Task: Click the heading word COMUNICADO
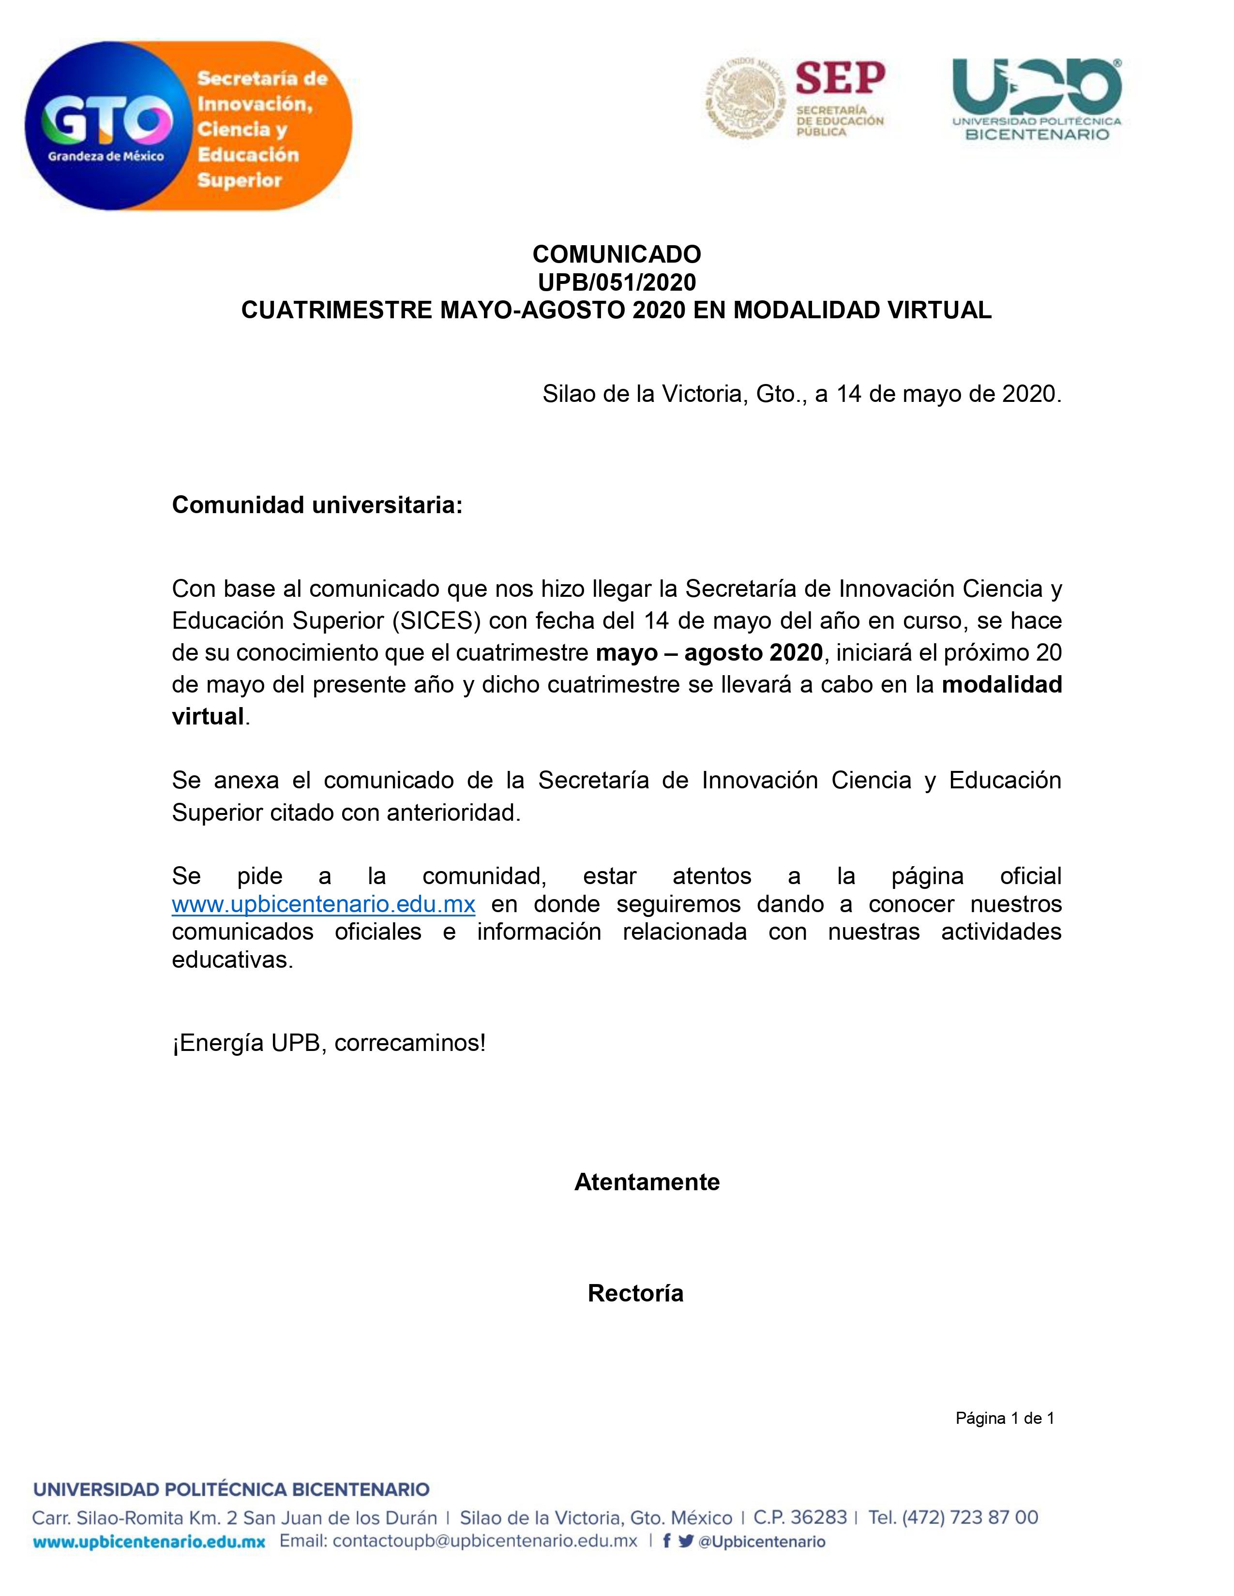[616, 254]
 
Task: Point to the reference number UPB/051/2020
[616, 282]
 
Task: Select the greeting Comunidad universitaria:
[317, 504]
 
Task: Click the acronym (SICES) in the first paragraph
[436, 621]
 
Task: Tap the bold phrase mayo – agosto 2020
[708, 652]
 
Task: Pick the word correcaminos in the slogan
[409, 1042]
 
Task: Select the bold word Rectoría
[635, 1293]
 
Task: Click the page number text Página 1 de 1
[1005, 1419]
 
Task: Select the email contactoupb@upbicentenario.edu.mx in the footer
[485, 1541]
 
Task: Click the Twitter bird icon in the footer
[686, 1541]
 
